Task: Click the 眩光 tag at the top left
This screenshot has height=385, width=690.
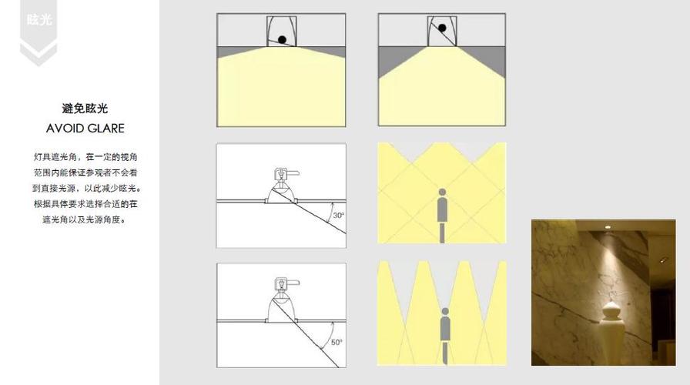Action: pyautogui.click(x=39, y=20)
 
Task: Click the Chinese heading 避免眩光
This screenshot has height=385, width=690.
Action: pyautogui.click(x=85, y=109)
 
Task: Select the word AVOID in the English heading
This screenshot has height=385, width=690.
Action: pyautogui.click(x=65, y=129)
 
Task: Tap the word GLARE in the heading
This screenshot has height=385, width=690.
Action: pyautogui.click(x=106, y=129)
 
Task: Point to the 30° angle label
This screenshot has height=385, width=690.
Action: pyautogui.click(x=338, y=215)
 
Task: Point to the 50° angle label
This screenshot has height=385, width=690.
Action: pyautogui.click(x=337, y=342)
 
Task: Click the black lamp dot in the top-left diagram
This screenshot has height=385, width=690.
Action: pyautogui.click(x=282, y=40)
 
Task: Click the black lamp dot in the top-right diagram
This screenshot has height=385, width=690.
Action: pyautogui.click(x=442, y=28)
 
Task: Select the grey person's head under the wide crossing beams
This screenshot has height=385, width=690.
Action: pyautogui.click(x=442, y=192)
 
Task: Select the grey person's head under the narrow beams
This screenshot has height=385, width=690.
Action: pyautogui.click(x=445, y=312)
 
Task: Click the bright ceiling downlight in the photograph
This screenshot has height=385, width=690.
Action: pyautogui.click(x=608, y=227)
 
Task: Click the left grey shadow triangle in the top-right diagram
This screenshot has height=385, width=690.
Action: pyautogui.click(x=395, y=60)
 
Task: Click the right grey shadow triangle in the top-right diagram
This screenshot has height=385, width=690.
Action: pyautogui.click(x=488, y=60)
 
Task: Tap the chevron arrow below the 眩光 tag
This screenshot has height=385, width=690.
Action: pyautogui.click(x=39, y=54)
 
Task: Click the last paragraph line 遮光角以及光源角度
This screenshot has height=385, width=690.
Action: pyautogui.click(x=85, y=219)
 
